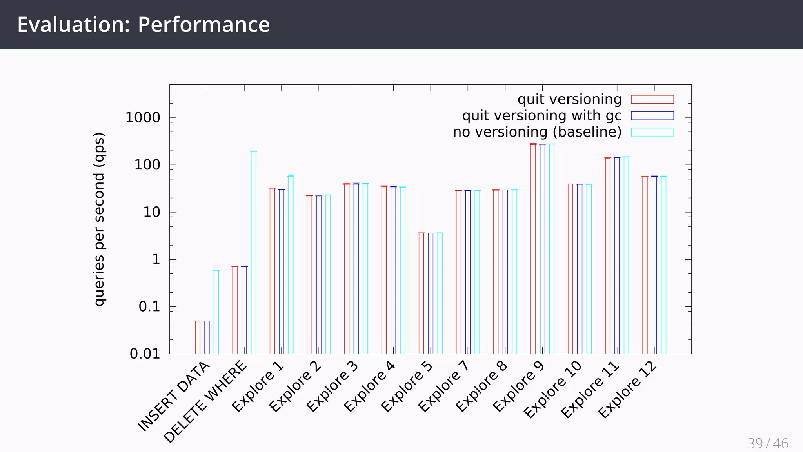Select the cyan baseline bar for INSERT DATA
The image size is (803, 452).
click(x=216, y=312)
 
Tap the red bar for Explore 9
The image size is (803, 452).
click(x=533, y=249)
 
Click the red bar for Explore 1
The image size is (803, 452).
click(x=272, y=271)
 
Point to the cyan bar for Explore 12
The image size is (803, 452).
click(x=663, y=265)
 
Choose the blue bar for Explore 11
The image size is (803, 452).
click(x=617, y=255)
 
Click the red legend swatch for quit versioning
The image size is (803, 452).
click(x=652, y=99)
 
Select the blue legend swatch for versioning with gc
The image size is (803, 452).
click(x=652, y=116)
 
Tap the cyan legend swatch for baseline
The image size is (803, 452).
click(x=652, y=132)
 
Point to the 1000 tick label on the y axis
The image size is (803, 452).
click(x=143, y=118)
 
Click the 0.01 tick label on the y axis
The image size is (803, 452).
click(x=145, y=354)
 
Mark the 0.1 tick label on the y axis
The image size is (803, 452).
click(x=149, y=307)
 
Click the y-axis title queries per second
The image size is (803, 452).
click(x=99, y=219)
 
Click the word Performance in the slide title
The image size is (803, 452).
click(x=203, y=24)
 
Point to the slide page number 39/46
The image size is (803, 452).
click(x=767, y=443)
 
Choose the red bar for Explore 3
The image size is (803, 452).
click(x=347, y=269)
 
